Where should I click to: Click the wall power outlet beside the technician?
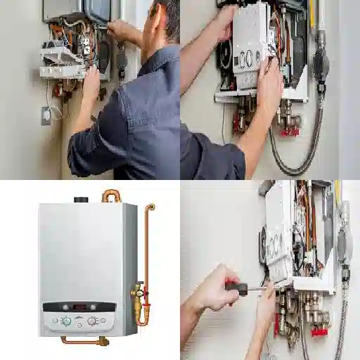click(46, 115)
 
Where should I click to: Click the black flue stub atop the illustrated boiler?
click(82, 200)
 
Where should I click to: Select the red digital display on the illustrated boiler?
click(79, 307)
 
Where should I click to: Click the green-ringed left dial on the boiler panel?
click(66, 321)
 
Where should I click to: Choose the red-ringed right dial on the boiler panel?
click(92, 321)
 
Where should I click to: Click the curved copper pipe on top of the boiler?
click(112, 195)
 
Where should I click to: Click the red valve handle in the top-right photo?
click(289, 131)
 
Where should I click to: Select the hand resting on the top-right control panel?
click(269, 88)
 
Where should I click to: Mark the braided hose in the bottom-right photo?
click(342, 330)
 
